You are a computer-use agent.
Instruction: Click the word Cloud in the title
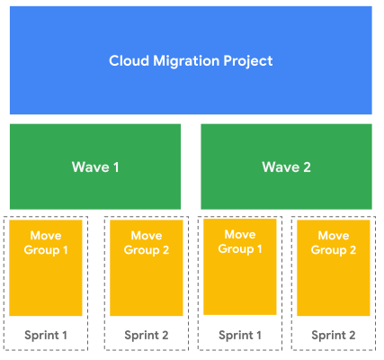pyautogui.click(x=128, y=61)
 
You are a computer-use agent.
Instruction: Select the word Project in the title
pyautogui.click(x=246, y=61)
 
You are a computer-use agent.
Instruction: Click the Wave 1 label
pyautogui.click(x=94, y=166)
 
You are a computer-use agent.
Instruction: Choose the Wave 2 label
pyautogui.click(x=286, y=166)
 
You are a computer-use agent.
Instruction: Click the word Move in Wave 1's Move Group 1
pyautogui.click(x=49, y=236)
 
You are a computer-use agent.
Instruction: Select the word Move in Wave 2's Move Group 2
pyautogui.click(x=334, y=236)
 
